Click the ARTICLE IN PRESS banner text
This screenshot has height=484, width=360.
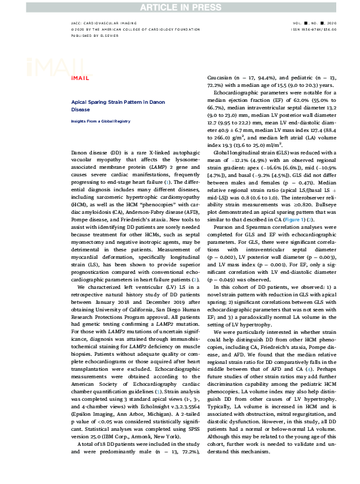click(179, 6)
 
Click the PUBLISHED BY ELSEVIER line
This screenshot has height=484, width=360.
click(94, 36)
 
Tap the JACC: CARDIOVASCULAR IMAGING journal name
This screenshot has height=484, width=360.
click(102, 22)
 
